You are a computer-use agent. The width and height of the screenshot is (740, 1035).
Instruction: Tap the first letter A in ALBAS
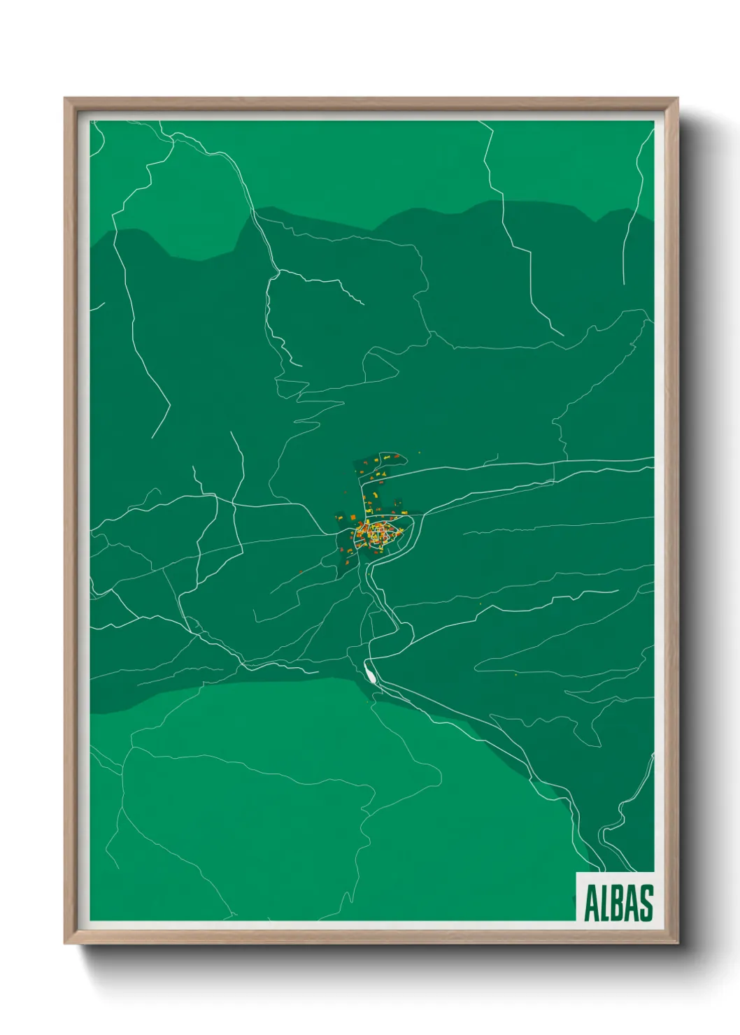click(x=591, y=903)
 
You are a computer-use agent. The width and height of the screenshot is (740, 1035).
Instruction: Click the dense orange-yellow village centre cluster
click(x=378, y=534)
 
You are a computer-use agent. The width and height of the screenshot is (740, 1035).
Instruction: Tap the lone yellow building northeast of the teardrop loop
click(x=420, y=452)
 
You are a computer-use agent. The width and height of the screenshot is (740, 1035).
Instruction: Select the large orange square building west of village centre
click(x=353, y=517)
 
